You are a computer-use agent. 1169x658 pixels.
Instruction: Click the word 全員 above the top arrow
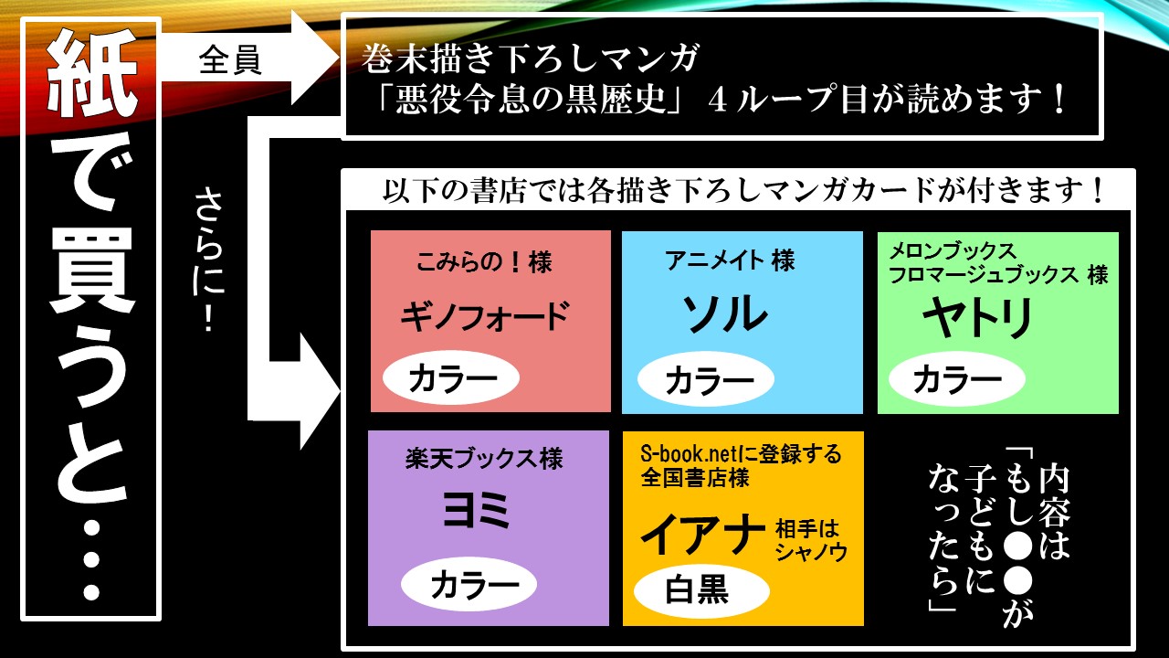[230, 60]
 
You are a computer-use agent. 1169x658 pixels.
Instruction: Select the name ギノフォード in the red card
[484, 316]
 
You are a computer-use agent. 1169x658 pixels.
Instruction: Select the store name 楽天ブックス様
[484, 458]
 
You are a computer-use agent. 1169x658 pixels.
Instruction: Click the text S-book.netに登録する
[741, 453]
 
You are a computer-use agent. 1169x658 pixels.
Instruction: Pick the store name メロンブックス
[952, 250]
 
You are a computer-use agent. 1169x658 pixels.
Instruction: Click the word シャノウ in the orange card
[811, 552]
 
